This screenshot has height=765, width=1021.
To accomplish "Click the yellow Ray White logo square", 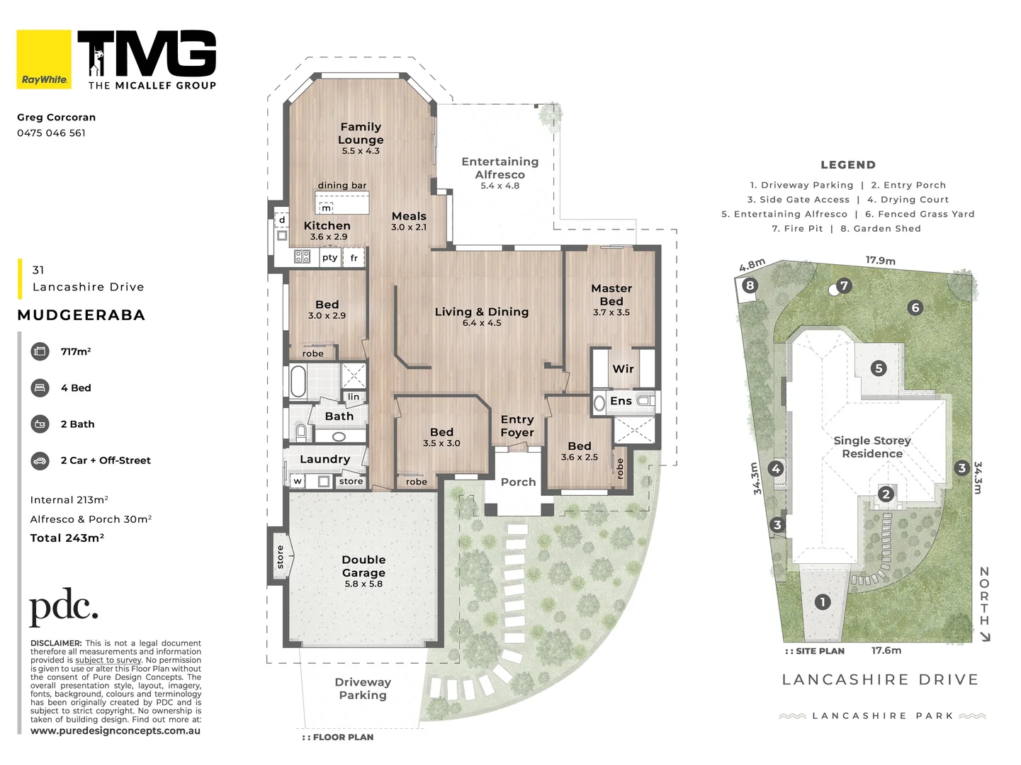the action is (44, 59).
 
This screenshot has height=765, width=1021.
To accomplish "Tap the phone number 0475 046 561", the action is (51, 133).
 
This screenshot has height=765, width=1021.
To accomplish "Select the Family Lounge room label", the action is (361, 133).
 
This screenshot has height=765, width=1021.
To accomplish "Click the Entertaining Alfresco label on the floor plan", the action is (500, 168).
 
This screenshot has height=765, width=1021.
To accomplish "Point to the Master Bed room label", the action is (611, 295).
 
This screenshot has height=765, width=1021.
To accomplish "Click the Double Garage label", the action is (363, 566).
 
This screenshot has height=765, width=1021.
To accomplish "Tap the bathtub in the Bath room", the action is (298, 381).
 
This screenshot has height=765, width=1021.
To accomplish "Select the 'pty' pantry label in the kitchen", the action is (329, 258).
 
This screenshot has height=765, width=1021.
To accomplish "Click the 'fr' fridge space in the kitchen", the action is (354, 258).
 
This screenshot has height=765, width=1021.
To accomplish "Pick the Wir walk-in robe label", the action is (623, 369).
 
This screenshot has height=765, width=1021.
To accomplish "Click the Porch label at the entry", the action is (518, 482).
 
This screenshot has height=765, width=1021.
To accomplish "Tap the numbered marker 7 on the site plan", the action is (844, 285).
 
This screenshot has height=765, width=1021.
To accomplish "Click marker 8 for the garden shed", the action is (750, 285).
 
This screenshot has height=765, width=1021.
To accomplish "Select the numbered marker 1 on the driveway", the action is (823, 602).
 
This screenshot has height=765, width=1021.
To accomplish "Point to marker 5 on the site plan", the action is (878, 368).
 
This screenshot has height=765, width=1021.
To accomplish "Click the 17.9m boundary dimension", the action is (880, 261).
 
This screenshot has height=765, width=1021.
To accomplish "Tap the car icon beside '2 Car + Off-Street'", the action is (40, 461).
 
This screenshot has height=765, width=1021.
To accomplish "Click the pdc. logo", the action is (64, 607).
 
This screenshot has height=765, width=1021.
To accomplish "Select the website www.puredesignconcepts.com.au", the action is (115, 730).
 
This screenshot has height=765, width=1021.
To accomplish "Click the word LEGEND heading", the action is (848, 164).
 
